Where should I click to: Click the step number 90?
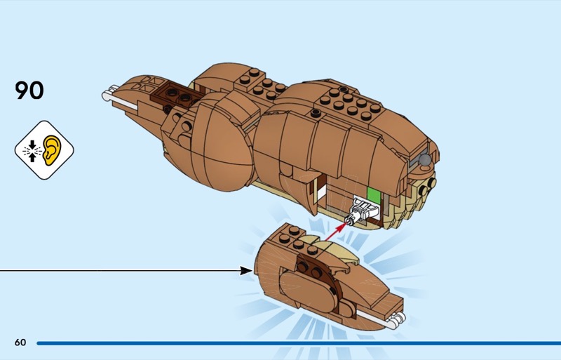coord(29,91)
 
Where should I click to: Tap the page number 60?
coord(20,342)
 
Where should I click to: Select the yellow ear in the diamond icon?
coord(53,149)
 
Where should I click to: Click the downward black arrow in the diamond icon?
coord(32,142)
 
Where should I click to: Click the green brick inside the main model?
coord(374,199)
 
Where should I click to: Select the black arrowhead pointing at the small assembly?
coord(246,269)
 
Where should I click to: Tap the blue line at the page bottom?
coord(295,343)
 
